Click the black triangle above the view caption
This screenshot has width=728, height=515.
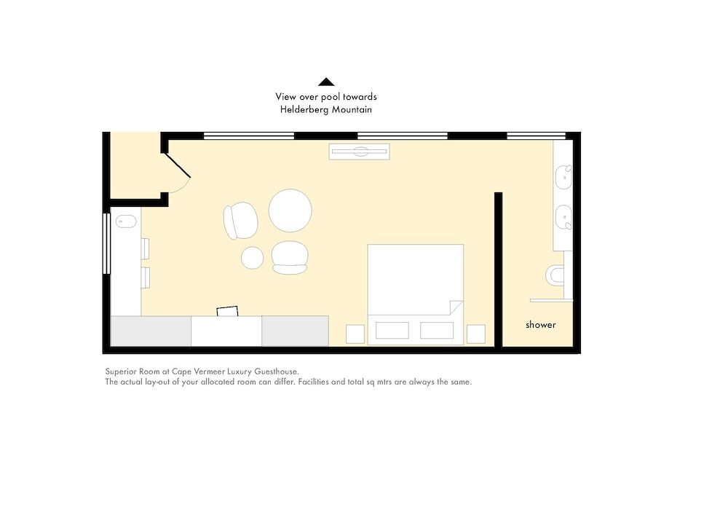(x=326, y=82)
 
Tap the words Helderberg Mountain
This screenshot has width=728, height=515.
(x=326, y=110)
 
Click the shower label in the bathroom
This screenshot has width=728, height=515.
(x=540, y=325)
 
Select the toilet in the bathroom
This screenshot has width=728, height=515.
(x=555, y=275)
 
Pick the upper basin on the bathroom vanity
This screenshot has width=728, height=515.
(x=563, y=177)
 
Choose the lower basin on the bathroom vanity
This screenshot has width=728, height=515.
(x=563, y=217)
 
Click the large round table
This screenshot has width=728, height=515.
(x=290, y=211)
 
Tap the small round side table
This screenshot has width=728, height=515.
(x=253, y=258)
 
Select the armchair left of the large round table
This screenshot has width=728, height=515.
(x=240, y=220)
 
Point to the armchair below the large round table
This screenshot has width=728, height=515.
(x=290, y=257)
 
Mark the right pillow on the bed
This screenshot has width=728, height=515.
(x=437, y=330)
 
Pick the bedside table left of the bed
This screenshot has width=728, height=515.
(x=355, y=334)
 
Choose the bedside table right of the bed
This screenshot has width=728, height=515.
(x=475, y=334)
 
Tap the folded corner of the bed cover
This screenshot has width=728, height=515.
(x=456, y=307)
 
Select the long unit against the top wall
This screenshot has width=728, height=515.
(x=359, y=152)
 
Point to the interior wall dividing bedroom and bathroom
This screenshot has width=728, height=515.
(x=498, y=270)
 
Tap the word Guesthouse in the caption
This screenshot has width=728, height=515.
(x=275, y=371)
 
